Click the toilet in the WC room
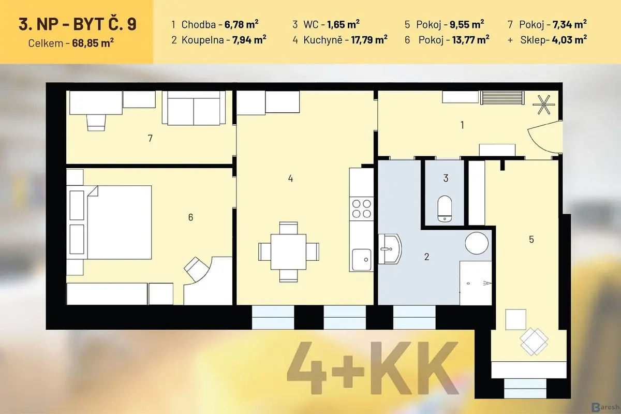pyautogui.click(x=445, y=209)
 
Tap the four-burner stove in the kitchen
pyautogui.click(x=362, y=209)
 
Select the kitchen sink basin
pyautogui.click(x=362, y=260)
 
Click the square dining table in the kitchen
pyautogui.click(x=289, y=252)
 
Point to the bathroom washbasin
pyautogui.click(x=390, y=249)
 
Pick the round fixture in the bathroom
pyautogui.click(x=477, y=243)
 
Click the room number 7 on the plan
pyautogui.click(x=150, y=138)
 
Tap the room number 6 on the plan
pyautogui.click(x=190, y=217)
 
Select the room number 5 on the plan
pyautogui.click(x=531, y=239)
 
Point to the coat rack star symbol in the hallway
pyautogui.click(x=544, y=105)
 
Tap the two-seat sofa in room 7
pyautogui.click(x=194, y=108)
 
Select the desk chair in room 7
pyautogui.click(x=96, y=122)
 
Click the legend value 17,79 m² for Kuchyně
pyautogui.click(x=369, y=40)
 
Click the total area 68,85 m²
pyautogui.click(x=93, y=43)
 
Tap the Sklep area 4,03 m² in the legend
pyautogui.click(x=569, y=40)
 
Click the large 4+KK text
pyautogui.click(x=373, y=368)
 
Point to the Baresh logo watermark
pyautogui.click(x=605, y=407)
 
